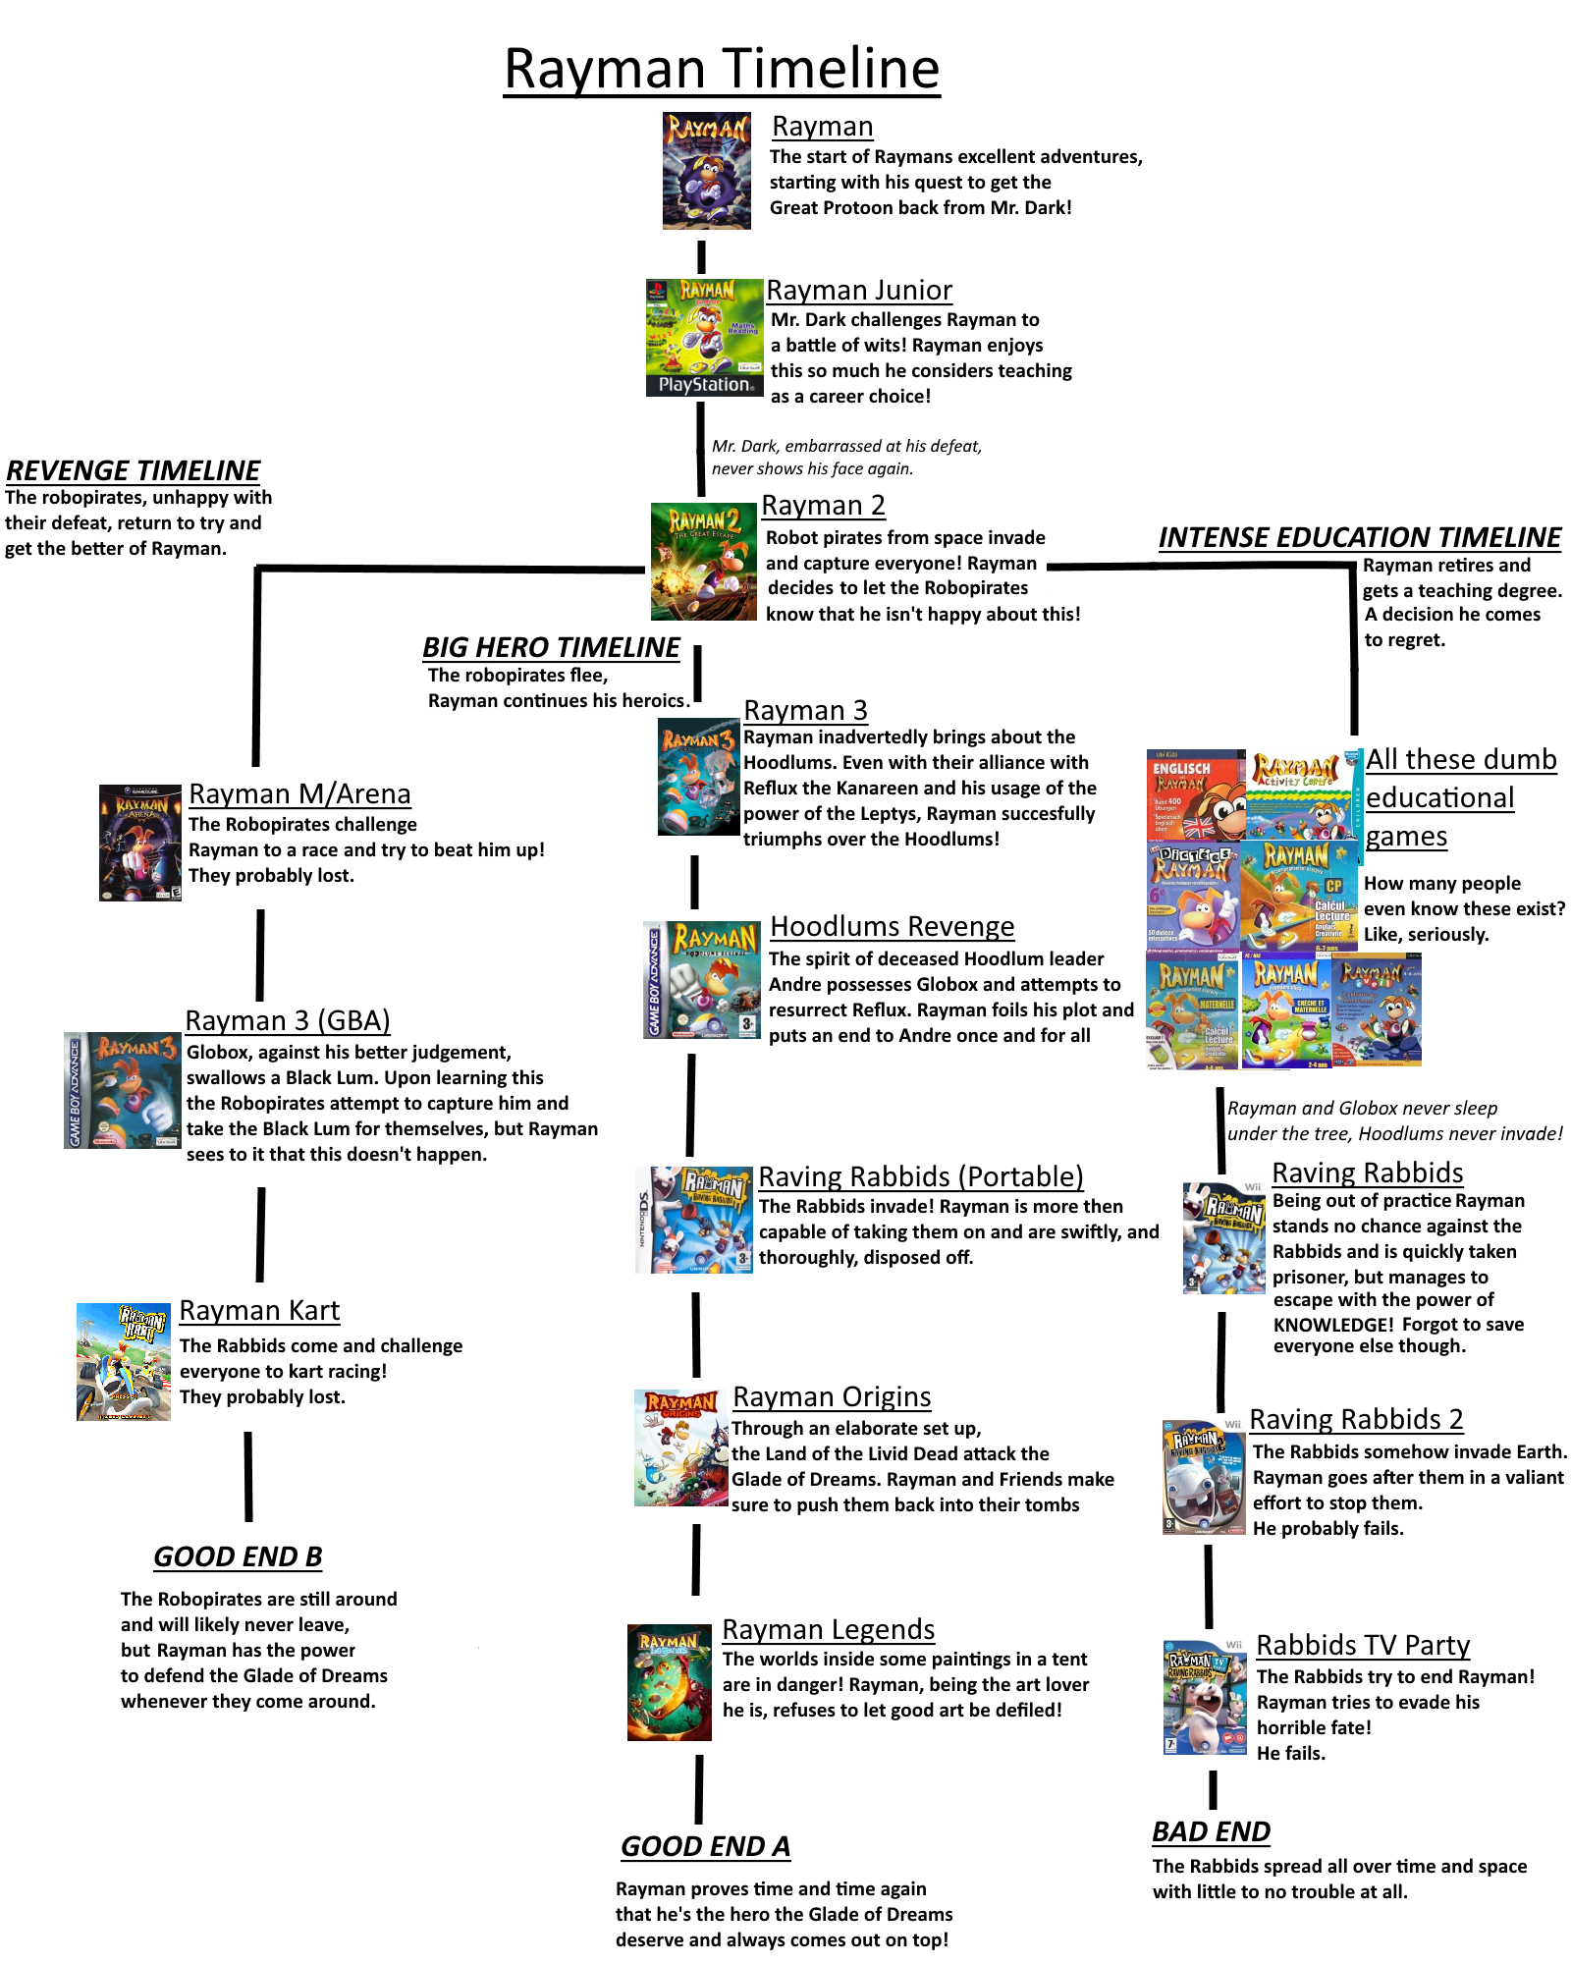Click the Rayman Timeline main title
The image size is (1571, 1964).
[x=722, y=69]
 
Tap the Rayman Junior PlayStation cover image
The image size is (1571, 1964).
[x=704, y=338]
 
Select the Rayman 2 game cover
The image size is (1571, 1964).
[x=704, y=562]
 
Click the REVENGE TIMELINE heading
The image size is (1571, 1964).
[x=134, y=470]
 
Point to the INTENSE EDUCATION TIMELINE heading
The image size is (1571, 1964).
[x=1360, y=537]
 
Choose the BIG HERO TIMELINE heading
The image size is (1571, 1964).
[x=551, y=647]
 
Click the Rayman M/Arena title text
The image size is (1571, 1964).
[x=299, y=793]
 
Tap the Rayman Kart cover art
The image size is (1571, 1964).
[x=124, y=1362]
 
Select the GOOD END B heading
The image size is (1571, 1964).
[x=238, y=1556]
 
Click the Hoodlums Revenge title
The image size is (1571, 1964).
[x=893, y=926]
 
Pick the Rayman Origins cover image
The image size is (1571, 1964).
[x=680, y=1447]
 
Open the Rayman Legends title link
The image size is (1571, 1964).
[x=829, y=1629]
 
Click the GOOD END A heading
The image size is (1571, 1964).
[x=705, y=1846]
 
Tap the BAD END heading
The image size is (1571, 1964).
[x=1212, y=1831]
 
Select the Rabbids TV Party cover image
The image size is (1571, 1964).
[x=1205, y=1697]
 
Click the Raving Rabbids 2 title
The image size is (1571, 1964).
[x=1356, y=1419]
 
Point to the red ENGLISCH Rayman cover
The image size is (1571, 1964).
[x=1196, y=795]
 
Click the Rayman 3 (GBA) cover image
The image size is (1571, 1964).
[x=123, y=1090]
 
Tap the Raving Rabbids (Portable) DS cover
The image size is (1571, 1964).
[x=695, y=1220]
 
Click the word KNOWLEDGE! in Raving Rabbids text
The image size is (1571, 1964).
[x=1333, y=1325]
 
